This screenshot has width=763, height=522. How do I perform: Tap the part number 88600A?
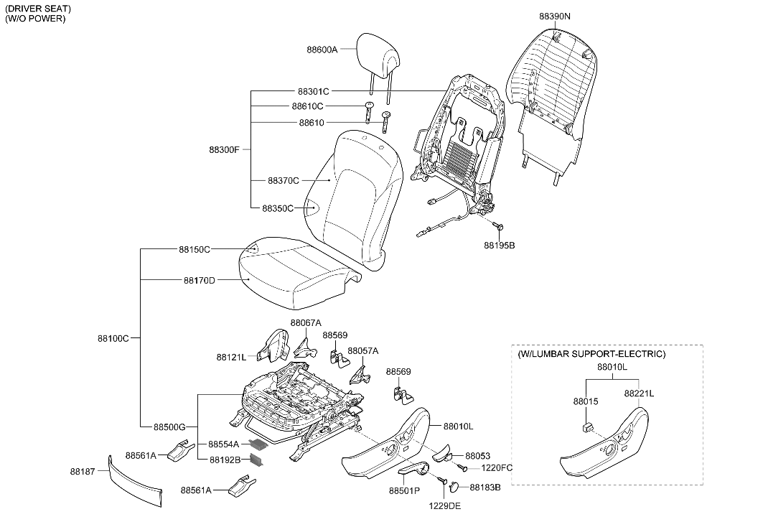coord(322,50)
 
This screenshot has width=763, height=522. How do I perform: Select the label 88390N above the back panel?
coord(556,14)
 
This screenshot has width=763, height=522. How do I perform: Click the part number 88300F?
coord(224,149)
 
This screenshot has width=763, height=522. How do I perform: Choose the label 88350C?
coord(277,208)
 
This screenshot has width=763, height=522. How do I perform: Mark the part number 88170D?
coord(199,280)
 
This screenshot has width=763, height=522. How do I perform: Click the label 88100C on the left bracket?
coord(113,337)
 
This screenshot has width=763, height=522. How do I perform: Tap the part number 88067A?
coord(306,322)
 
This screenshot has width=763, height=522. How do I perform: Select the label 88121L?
coord(231,356)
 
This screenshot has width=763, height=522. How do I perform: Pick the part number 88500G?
coord(169,427)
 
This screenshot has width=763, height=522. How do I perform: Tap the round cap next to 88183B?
coord(454,488)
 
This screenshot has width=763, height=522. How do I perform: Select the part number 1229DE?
coord(445,505)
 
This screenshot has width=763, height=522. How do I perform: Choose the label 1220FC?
coord(497,468)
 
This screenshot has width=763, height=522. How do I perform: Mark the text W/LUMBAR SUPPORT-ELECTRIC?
coord(591,354)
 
